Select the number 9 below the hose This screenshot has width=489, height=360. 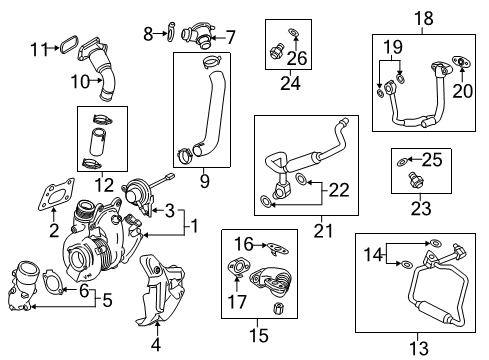click(204, 181)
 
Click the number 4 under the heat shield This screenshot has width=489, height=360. click(155, 346)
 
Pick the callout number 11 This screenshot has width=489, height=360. click(39, 47)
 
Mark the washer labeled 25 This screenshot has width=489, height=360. click(400, 160)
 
